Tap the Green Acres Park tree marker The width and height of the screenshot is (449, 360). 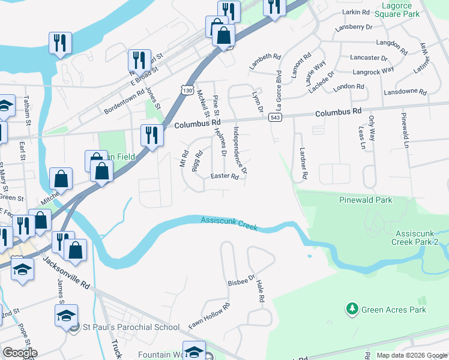point(352,310)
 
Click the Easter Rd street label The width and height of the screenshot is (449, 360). point(225,176)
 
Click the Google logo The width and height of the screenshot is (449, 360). point(20,353)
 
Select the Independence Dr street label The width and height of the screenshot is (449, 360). point(240,150)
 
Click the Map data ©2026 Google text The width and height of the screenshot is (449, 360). point(411,355)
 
